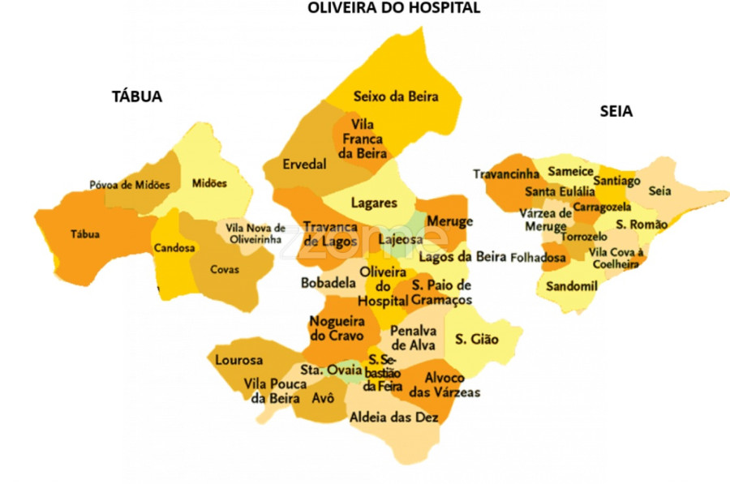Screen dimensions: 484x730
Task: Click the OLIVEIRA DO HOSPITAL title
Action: click(393, 8)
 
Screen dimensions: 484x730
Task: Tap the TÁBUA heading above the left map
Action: click(137, 96)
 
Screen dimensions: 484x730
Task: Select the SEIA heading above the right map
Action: click(616, 112)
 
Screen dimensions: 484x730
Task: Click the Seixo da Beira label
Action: click(396, 96)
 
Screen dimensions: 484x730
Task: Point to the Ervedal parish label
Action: click(304, 165)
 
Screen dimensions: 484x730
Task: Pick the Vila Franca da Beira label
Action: click(361, 139)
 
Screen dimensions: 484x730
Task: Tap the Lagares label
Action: click(374, 203)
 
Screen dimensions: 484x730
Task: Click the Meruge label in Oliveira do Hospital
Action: click(449, 221)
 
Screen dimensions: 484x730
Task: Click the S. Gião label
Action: click(476, 339)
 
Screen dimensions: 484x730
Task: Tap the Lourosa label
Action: click(238, 360)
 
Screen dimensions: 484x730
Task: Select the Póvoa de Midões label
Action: click(130, 185)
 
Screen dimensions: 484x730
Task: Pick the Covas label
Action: click(225, 269)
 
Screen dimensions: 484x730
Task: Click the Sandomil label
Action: click(571, 286)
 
